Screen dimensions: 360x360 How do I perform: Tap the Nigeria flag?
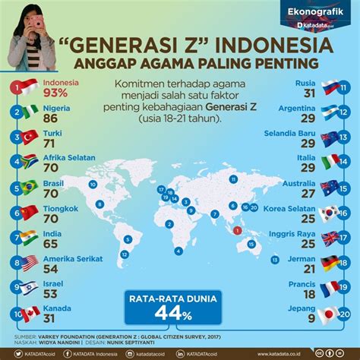(x=29, y=112)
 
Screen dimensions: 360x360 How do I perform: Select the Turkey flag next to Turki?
(x=29, y=137)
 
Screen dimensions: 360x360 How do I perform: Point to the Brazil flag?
(x=29, y=187)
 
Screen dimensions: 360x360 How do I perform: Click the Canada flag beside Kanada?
(x=29, y=312)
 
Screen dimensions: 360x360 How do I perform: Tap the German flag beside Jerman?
(x=330, y=263)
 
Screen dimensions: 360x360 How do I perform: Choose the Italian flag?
(x=330, y=162)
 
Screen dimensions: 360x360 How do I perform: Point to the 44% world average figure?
(x=180, y=312)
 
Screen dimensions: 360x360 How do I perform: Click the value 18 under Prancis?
(x=307, y=295)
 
